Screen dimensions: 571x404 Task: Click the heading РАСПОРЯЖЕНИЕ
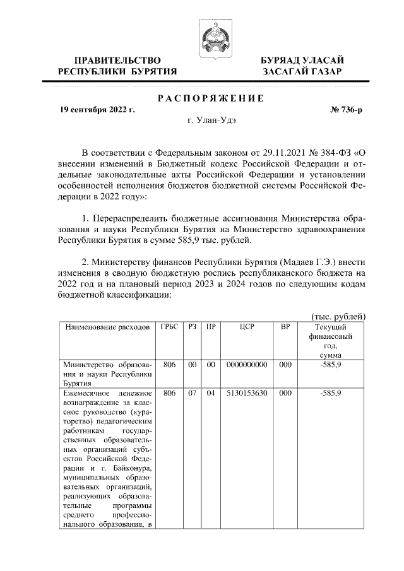210,98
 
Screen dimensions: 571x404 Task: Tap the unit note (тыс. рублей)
339,316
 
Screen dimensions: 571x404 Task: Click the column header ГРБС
170,327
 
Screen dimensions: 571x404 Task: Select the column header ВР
285,327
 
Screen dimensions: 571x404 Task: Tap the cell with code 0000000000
247,365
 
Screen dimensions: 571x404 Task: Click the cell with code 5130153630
247,392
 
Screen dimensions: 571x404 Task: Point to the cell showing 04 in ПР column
211,392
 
